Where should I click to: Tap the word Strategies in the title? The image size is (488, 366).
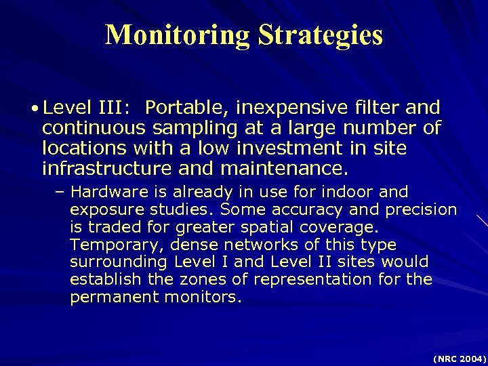click(x=320, y=35)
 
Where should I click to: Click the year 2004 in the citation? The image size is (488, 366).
click(x=470, y=357)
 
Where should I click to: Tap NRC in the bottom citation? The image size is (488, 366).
click(x=443, y=357)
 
